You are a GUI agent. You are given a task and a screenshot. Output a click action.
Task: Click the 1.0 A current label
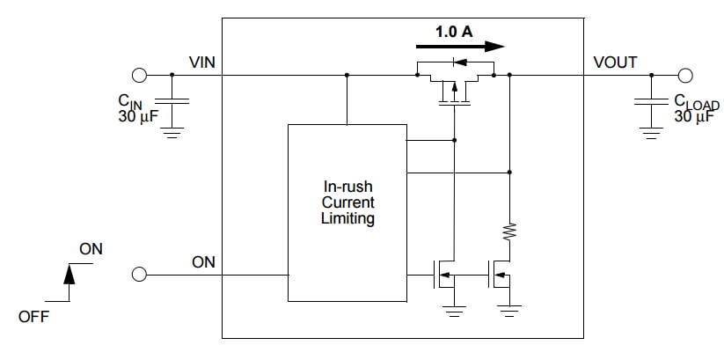(x=454, y=31)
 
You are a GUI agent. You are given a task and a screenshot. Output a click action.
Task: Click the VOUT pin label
(x=616, y=62)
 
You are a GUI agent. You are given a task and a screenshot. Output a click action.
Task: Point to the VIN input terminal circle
(x=139, y=75)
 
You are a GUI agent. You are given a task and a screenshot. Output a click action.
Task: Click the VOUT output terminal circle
(x=686, y=75)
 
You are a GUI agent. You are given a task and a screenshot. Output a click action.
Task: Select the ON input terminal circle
(x=139, y=275)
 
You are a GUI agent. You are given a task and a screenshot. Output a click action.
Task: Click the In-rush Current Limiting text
(x=347, y=203)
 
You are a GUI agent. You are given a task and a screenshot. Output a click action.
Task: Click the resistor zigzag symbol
(x=509, y=231)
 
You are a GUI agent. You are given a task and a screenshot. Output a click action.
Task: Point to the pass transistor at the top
(x=455, y=84)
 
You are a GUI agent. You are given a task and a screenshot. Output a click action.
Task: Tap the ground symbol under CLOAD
(x=651, y=133)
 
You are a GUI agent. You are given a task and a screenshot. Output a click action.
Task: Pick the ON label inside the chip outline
(x=203, y=262)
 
